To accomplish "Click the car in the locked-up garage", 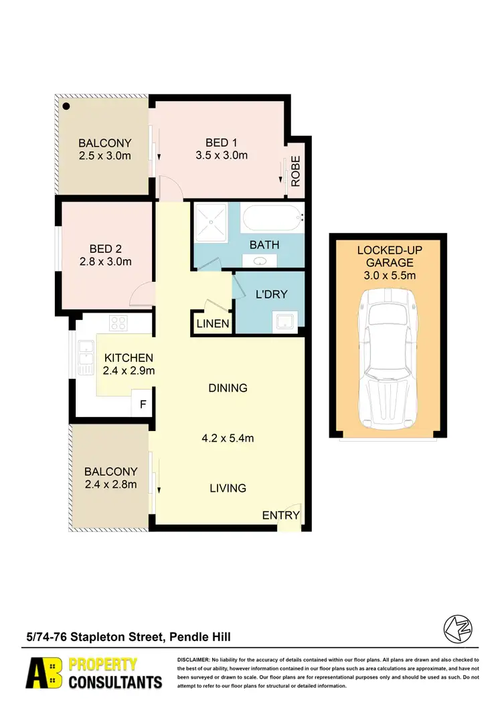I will point(388,360).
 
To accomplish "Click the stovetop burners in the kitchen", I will point(118,323).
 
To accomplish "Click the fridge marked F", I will point(142,404).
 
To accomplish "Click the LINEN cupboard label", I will point(213,325).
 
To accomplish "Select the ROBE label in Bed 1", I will point(295,171).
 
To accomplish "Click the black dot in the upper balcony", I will point(66,105).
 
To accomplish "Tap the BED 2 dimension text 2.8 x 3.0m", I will point(104,262).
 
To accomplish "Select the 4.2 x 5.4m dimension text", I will point(228,438).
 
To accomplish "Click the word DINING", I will point(228,387).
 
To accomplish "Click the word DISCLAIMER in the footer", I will point(193,660).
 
